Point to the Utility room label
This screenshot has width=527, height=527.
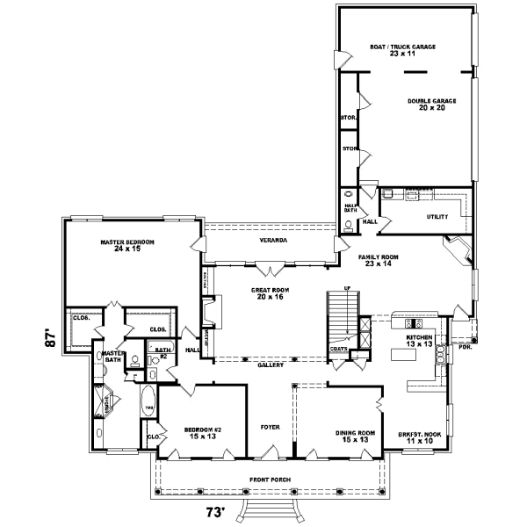pos(437,216)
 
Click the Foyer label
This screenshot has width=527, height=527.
pos(270,427)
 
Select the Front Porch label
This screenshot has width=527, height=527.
pos(270,479)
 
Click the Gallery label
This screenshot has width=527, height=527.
pos(270,365)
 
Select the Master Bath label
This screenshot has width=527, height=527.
pos(113,356)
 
